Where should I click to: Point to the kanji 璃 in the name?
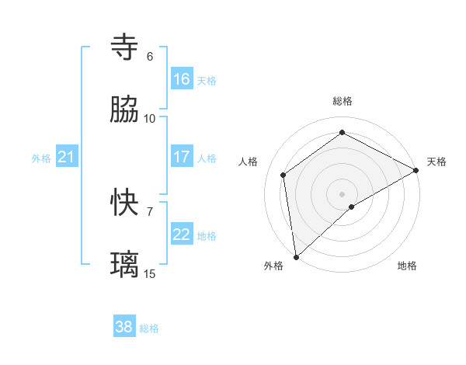pos(125,264)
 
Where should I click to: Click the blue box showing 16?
pos(182,79)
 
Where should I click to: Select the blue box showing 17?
pos(182,157)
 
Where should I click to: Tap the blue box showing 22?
pos(182,235)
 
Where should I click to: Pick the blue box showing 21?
pos(67,157)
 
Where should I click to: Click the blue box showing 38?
pos(124,327)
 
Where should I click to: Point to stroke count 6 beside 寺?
pos(150,57)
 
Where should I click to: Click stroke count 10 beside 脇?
pos(150,118)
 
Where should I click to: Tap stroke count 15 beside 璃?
pos(150,273)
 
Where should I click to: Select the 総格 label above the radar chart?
pos(343,101)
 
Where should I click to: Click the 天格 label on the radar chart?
pos(436,162)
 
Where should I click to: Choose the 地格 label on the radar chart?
pos(407,266)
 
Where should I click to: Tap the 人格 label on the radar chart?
pos(248,162)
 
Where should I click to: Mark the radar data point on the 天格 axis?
pos(416,171)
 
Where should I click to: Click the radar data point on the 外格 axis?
pos(296,256)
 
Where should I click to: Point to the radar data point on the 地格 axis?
pos(352,207)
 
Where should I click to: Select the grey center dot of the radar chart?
pos(343,193)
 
